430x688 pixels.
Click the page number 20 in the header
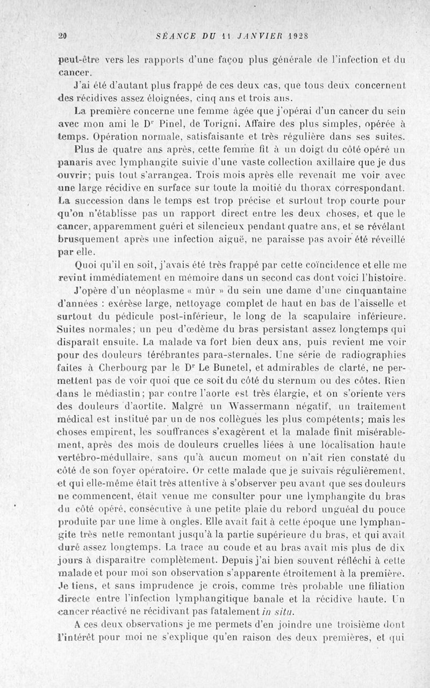coord(62,36)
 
